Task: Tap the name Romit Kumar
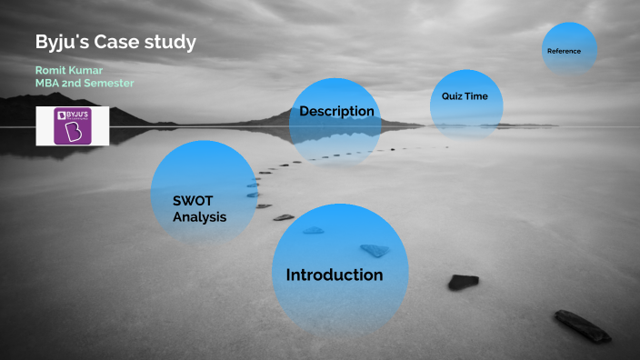[x=69, y=70]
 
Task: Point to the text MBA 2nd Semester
[x=85, y=83]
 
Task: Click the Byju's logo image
[x=73, y=126]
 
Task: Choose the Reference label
[x=564, y=51]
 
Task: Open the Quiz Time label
[x=465, y=95]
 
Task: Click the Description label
[x=336, y=112]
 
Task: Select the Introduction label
[x=335, y=275]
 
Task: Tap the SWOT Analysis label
[x=199, y=209]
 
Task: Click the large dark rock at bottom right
[x=583, y=326]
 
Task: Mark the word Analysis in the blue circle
[x=199, y=217]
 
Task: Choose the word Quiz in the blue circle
[x=452, y=95]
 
